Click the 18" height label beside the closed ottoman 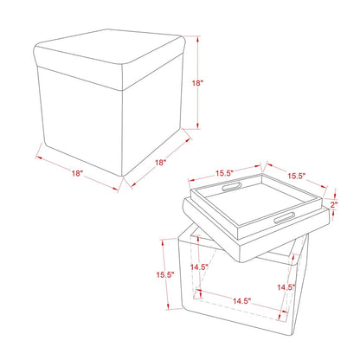coord(198,83)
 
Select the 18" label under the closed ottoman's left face coord(77,173)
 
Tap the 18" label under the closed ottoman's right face coord(161,163)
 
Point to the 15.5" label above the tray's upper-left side coord(224,173)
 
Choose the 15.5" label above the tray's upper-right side coord(297,176)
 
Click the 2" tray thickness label coord(334,205)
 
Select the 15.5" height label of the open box coord(165,274)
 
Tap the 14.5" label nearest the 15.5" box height coord(199,267)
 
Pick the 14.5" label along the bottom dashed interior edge coord(241,301)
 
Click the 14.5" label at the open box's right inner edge coord(286,287)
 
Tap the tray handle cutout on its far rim coord(231,187)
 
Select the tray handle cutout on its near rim coord(285,218)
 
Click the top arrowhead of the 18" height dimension coord(198,39)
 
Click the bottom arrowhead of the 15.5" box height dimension coord(168,306)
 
